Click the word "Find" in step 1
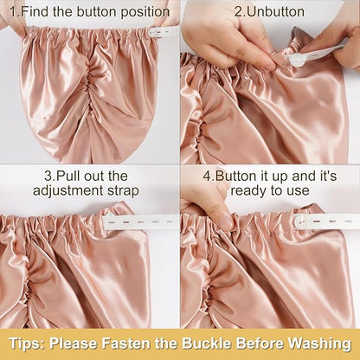click(35, 12)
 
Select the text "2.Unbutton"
click(270, 12)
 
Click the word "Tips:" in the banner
click(26, 344)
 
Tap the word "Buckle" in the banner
click(206, 344)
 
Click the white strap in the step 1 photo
click(164, 31)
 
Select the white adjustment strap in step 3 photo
click(141, 222)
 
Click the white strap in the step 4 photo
click(326, 222)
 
